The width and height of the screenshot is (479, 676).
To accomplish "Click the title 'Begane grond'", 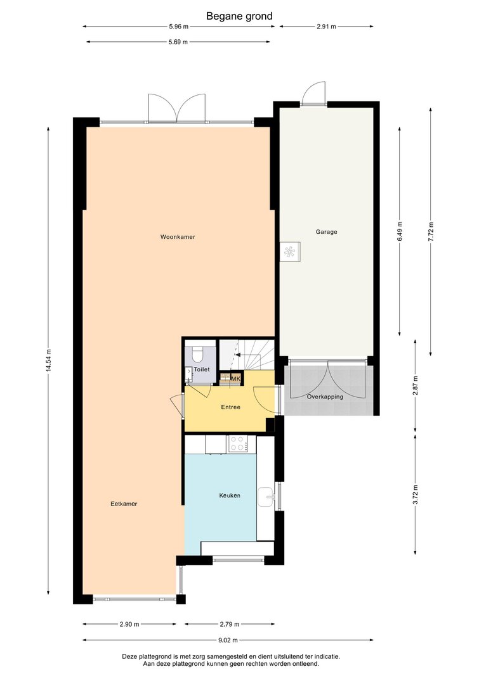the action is click(x=239, y=16).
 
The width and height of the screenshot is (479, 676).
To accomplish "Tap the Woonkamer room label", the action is click(x=178, y=237).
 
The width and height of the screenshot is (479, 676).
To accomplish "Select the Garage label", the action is click(x=326, y=232).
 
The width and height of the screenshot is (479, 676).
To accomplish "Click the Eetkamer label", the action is click(x=124, y=504).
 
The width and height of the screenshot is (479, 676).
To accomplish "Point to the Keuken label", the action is click(x=230, y=496).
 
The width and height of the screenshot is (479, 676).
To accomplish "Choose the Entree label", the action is click(x=230, y=407).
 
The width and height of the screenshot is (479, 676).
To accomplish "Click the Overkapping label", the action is click(x=325, y=397).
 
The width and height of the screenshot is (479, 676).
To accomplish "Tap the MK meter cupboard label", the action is click(x=235, y=378).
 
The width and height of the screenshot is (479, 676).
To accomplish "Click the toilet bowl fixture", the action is click(x=198, y=354).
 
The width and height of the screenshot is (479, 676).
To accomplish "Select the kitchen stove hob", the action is click(x=238, y=444).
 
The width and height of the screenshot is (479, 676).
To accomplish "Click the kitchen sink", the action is click(x=266, y=497).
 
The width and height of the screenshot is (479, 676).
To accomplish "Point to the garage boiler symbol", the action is click(x=291, y=252).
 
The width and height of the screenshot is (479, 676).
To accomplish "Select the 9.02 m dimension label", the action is click(x=228, y=641).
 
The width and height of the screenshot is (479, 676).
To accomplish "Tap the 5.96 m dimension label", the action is click(x=179, y=27).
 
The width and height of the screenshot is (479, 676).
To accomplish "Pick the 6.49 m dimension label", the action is click(x=400, y=233).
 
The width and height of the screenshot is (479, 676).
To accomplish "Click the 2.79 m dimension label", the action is click(x=230, y=624).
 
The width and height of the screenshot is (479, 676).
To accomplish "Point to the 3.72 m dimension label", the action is click(x=415, y=495).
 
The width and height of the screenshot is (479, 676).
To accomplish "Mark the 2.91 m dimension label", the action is click(x=326, y=27).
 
